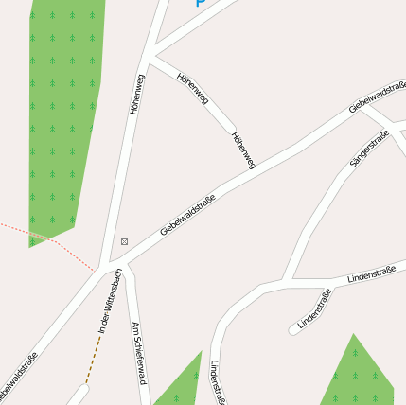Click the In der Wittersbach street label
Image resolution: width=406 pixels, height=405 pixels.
click(110, 301)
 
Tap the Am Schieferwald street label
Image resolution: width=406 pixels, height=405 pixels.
click(140, 353)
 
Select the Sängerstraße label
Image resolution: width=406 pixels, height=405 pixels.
click(369, 150)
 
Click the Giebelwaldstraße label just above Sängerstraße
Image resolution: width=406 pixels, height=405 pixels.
click(377, 97)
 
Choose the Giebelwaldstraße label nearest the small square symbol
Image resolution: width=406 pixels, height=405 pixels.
click(187, 214)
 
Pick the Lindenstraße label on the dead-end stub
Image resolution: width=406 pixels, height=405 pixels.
click(315, 309)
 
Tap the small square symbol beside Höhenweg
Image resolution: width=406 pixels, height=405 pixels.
click(124, 241)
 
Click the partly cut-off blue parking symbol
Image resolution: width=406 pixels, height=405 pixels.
click(201, 3)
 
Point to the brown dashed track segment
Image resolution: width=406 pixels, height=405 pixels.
click(93, 357)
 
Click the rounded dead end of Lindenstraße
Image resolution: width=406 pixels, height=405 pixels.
click(293, 330)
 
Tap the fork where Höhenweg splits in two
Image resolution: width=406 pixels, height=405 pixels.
click(151, 51)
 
